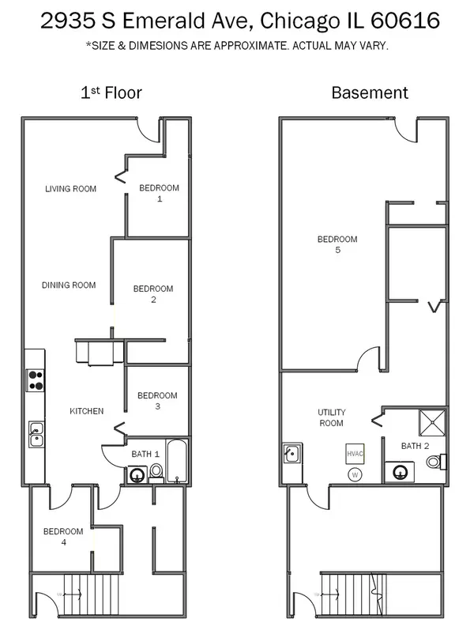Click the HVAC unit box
point(355,454)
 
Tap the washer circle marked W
point(355,474)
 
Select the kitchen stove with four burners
point(36,380)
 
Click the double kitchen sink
point(36,434)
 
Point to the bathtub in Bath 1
point(176,461)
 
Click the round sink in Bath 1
point(137,475)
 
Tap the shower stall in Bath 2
point(432,422)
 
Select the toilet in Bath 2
point(436,462)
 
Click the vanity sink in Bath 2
point(400,472)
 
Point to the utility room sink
point(292,453)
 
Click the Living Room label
point(70,189)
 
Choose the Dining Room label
point(69,285)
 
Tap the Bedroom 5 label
point(337,244)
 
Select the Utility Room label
point(331,417)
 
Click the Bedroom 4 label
point(63,537)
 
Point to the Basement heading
point(370,92)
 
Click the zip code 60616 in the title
point(405,21)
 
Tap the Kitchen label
point(87,411)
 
